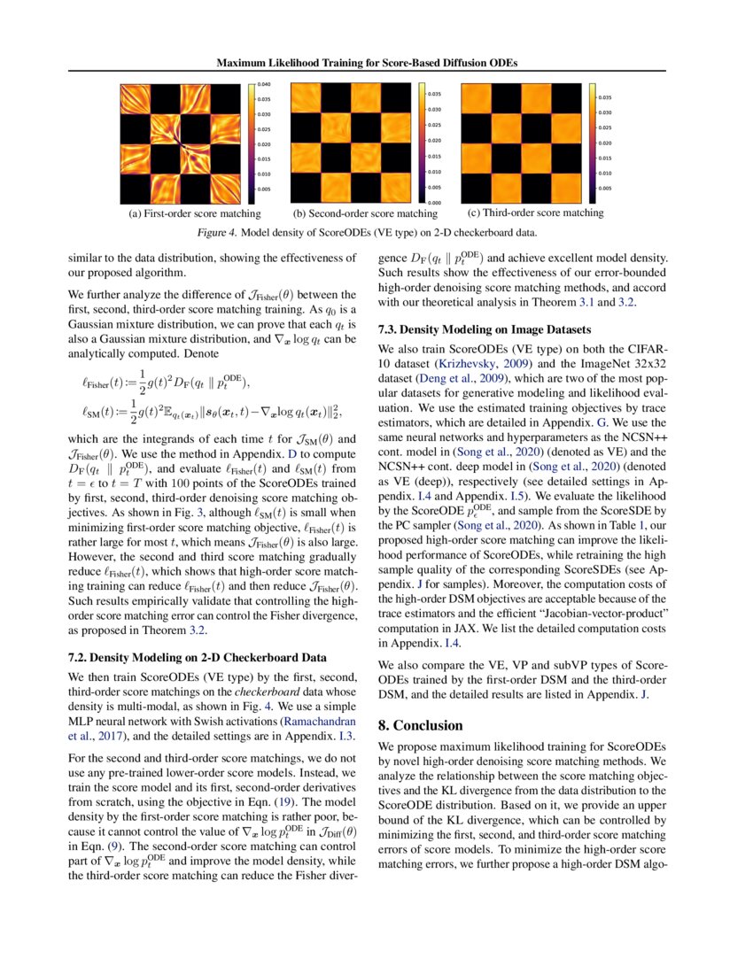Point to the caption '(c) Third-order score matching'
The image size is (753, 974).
click(534, 213)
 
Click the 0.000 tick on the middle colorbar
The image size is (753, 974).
click(435, 204)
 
